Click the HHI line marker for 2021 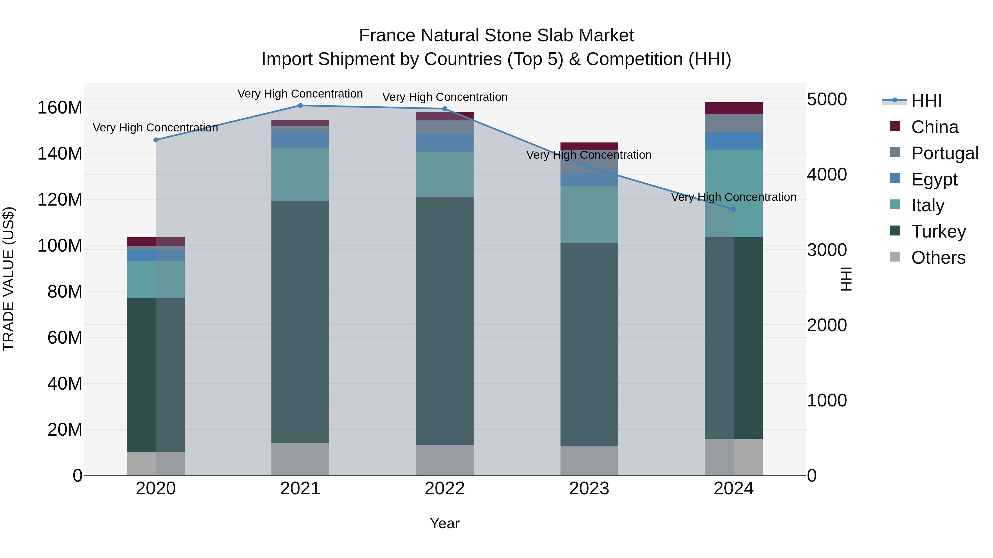click(300, 106)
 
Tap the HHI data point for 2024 click(733, 209)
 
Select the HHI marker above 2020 click(156, 140)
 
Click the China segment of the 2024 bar click(733, 108)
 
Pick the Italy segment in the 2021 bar click(300, 174)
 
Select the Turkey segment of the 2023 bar click(589, 345)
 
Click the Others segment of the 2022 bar click(444, 460)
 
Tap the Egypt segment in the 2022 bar click(444, 142)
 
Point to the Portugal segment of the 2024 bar click(733, 123)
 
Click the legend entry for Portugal click(944, 153)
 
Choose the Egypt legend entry click(934, 179)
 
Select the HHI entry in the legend click(926, 101)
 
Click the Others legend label click(938, 258)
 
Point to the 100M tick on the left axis click(60, 246)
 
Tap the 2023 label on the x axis click(589, 489)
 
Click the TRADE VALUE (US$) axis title click(9, 279)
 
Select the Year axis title click(444, 523)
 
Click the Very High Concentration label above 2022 click(444, 97)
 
